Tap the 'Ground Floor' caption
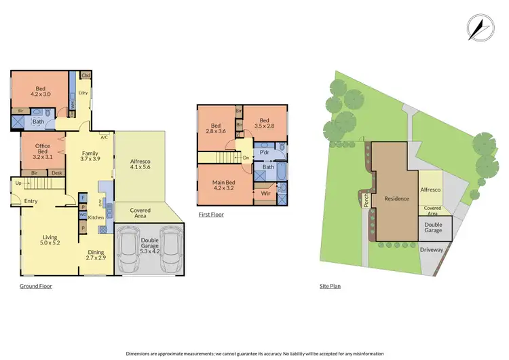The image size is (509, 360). pos(36,286)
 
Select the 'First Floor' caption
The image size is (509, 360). pos(211,214)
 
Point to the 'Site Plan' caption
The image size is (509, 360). pos(330,286)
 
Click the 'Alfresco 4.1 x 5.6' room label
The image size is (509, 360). pos(140,165)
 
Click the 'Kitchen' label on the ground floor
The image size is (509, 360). pos(96,217)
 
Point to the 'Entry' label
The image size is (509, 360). pos(31,201)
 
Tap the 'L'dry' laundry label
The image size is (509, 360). pos(83,92)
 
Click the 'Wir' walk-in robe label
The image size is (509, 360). pos(266,193)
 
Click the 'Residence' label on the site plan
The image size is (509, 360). pos(396,199)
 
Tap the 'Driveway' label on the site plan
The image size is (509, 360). pos(431,250)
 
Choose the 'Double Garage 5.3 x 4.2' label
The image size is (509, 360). pos(149,244)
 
